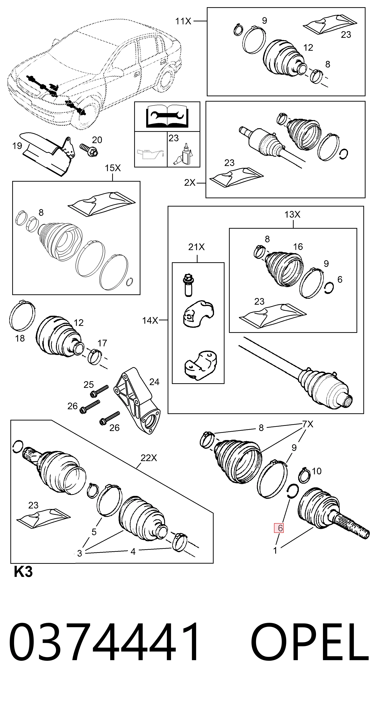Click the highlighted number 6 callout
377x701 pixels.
[279, 528]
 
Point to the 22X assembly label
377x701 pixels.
[149, 458]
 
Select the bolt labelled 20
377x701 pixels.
[89, 150]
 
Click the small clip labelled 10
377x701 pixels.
[305, 475]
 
